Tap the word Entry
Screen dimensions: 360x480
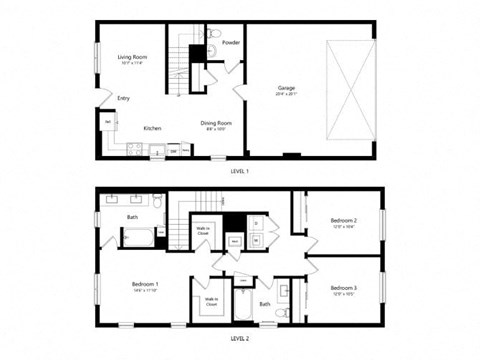pos(124,98)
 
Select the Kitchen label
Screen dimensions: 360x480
pos(152,128)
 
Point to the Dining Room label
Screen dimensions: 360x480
pos(216,123)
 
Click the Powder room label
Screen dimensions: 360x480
pos(231,43)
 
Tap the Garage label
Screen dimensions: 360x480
pos(287,89)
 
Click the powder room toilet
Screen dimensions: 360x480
pos(212,37)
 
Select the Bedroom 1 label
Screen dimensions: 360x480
pos(146,284)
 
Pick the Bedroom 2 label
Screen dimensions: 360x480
pos(343,220)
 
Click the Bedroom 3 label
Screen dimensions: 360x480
pos(343,288)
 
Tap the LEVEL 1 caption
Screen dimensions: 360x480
pos(239,170)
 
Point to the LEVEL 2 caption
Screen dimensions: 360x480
pos(239,339)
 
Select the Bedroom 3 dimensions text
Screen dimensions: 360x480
pos(343,296)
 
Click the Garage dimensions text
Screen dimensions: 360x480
pos(287,96)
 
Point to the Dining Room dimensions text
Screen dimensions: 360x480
pos(216,130)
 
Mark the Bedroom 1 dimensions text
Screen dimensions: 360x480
pos(146,292)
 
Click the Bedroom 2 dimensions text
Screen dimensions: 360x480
pos(343,228)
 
